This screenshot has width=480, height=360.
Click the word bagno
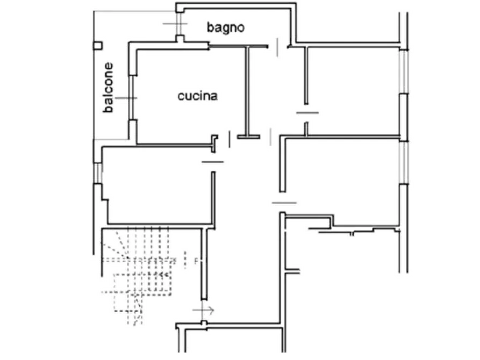(x=226, y=27)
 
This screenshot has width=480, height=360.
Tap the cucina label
(x=198, y=96)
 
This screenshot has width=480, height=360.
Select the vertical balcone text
(x=109, y=88)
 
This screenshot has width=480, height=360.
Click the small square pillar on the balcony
(x=98, y=46)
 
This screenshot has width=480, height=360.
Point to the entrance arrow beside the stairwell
(x=203, y=311)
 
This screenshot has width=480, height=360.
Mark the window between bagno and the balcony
(x=180, y=24)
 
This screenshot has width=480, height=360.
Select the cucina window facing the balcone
(x=132, y=98)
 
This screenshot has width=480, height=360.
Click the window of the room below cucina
(x=98, y=172)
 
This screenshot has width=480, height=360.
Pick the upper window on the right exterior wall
(x=404, y=71)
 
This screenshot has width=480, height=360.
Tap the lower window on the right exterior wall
(x=404, y=163)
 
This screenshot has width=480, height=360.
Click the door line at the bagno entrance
(x=277, y=47)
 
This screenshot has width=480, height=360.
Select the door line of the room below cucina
(x=213, y=162)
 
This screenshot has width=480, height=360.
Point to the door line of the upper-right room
(x=307, y=113)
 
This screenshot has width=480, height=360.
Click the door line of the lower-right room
(x=284, y=203)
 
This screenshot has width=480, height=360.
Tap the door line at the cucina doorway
(x=230, y=139)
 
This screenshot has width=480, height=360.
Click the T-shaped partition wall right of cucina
(x=248, y=92)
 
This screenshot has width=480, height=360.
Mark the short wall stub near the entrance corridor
(x=292, y=271)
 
